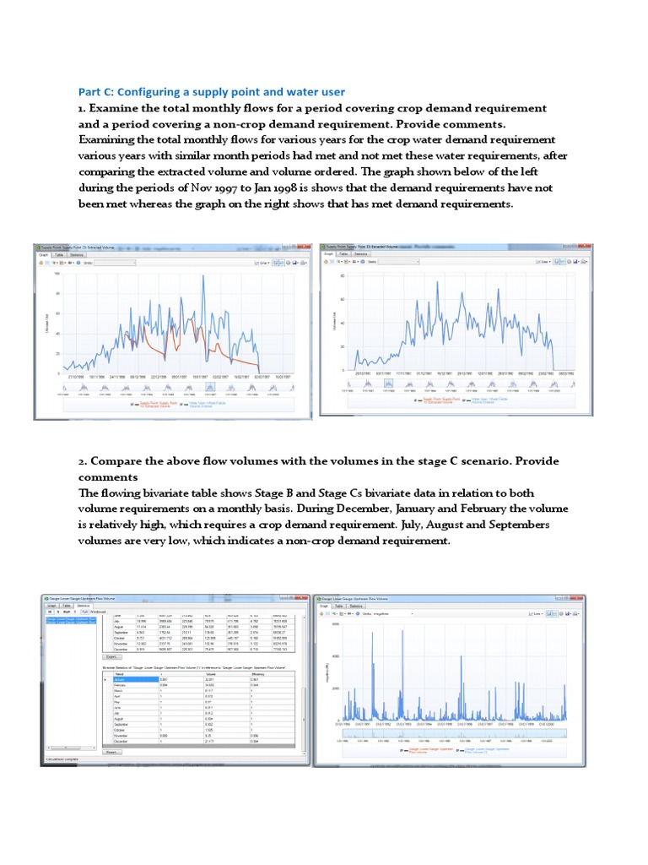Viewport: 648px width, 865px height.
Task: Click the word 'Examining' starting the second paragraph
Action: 107,140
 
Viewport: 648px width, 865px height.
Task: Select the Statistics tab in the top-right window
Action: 361,253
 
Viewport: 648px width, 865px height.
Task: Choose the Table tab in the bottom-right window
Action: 339,606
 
